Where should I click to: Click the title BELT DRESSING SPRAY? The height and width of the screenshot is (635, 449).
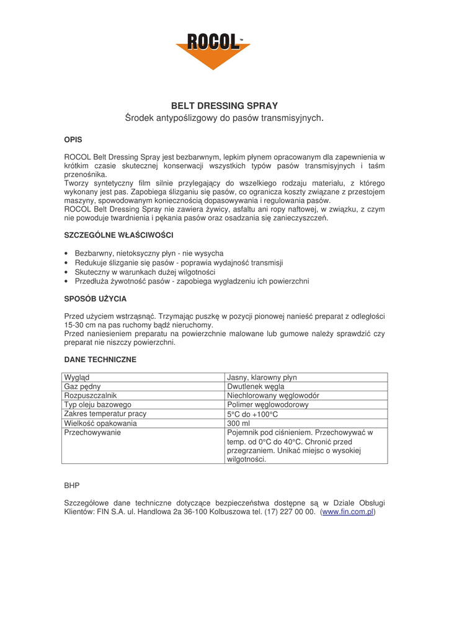(x=225, y=106)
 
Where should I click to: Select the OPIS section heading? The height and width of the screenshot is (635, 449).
(x=73, y=140)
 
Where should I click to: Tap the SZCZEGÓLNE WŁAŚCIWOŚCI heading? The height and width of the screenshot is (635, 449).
(x=118, y=235)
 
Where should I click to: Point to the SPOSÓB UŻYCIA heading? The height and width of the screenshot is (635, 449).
(x=96, y=298)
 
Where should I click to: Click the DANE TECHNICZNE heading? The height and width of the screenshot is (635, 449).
(x=100, y=360)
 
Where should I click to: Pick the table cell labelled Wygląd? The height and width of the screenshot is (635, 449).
(x=76, y=377)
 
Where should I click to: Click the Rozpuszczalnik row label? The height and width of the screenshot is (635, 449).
(x=91, y=396)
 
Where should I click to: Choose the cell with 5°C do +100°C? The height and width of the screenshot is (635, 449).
(x=252, y=414)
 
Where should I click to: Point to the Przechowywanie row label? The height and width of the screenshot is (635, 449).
(x=92, y=433)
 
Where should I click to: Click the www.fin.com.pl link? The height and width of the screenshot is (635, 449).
(x=348, y=512)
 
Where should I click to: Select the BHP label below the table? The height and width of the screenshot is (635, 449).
(x=72, y=485)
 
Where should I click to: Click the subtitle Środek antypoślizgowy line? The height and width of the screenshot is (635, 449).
(x=225, y=118)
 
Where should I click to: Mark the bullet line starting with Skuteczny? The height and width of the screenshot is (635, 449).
(x=145, y=272)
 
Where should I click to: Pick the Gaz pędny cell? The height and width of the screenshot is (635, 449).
(x=82, y=386)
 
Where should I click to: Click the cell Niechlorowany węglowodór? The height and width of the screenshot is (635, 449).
(x=273, y=396)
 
